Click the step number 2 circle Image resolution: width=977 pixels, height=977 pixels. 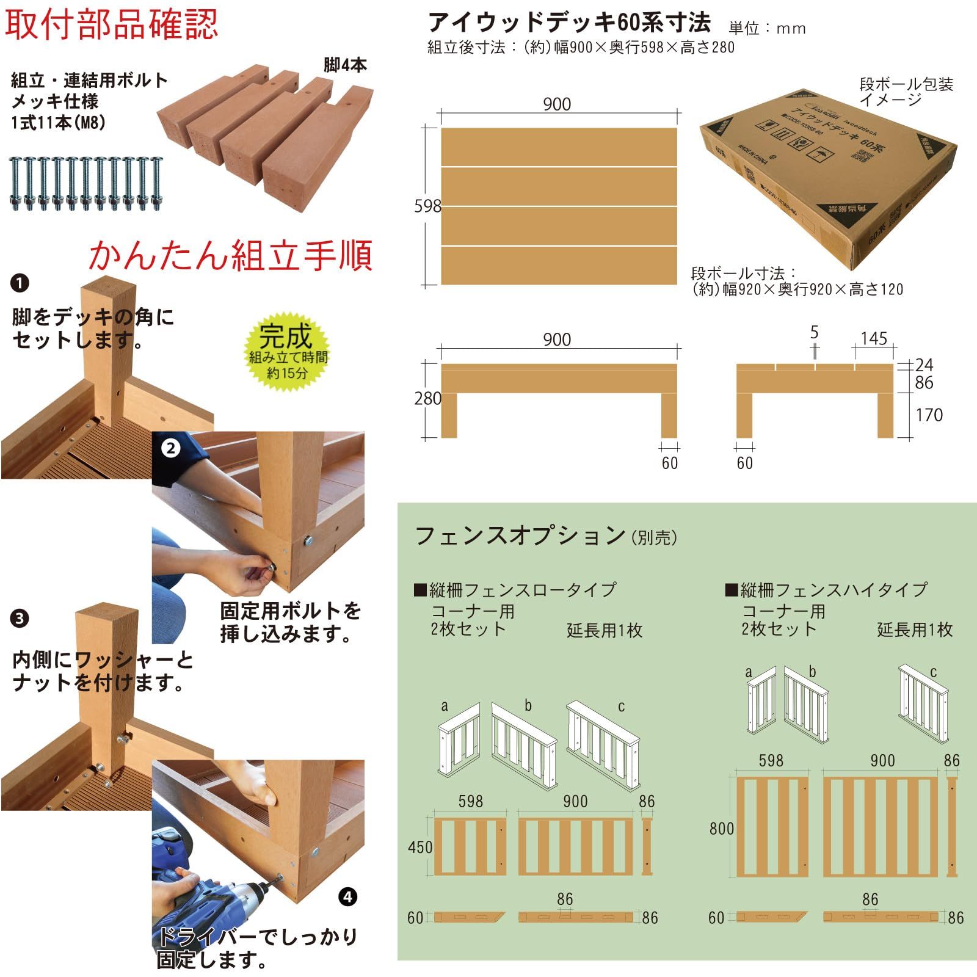pyautogui.click(x=170, y=449)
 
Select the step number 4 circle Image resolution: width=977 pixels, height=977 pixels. pyautogui.click(x=347, y=897)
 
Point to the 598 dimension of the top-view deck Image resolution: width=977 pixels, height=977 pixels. pyautogui.click(x=427, y=206)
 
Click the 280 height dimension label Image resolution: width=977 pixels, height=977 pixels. pyautogui.click(x=427, y=399)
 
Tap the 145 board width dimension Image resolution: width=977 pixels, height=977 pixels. pyautogui.click(x=873, y=339)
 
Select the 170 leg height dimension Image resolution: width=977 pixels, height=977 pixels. pyautogui.click(x=929, y=415)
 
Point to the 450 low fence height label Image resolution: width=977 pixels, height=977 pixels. pyautogui.click(x=420, y=848)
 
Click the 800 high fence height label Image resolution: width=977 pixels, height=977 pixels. pyautogui.click(x=721, y=829)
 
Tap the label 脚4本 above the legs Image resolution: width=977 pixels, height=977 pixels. pyautogui.click(x=345, y=65)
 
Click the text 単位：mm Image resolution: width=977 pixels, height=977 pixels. pyautogui.click(x=767, y=29)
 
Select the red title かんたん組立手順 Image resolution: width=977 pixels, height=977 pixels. pyautogui.click(x=230, y=256)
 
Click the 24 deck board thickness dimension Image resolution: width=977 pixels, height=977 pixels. pyautogui.click(x=924, y=365)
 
